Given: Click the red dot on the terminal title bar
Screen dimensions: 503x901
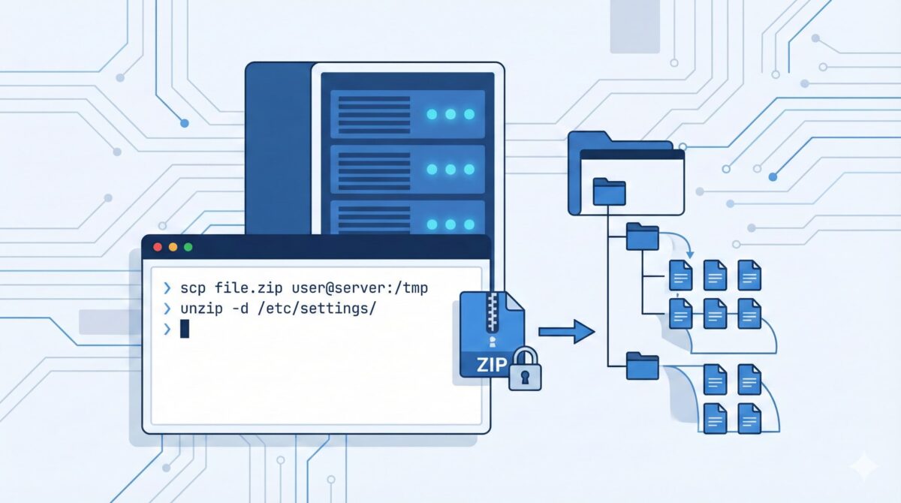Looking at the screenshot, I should (x=158, y=247).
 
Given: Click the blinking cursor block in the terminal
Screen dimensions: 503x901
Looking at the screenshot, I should (x=185, y=329).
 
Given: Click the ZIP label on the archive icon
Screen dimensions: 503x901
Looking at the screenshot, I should (x=486, y=366).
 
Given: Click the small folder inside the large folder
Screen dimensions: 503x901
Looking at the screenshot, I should (x=609, y=191).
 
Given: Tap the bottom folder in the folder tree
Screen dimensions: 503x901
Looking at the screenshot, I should (x=642, y=366).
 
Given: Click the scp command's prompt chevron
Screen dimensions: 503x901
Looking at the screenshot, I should (x=166, y=288).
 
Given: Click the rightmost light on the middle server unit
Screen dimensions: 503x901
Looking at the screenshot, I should (x=469, y=170).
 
